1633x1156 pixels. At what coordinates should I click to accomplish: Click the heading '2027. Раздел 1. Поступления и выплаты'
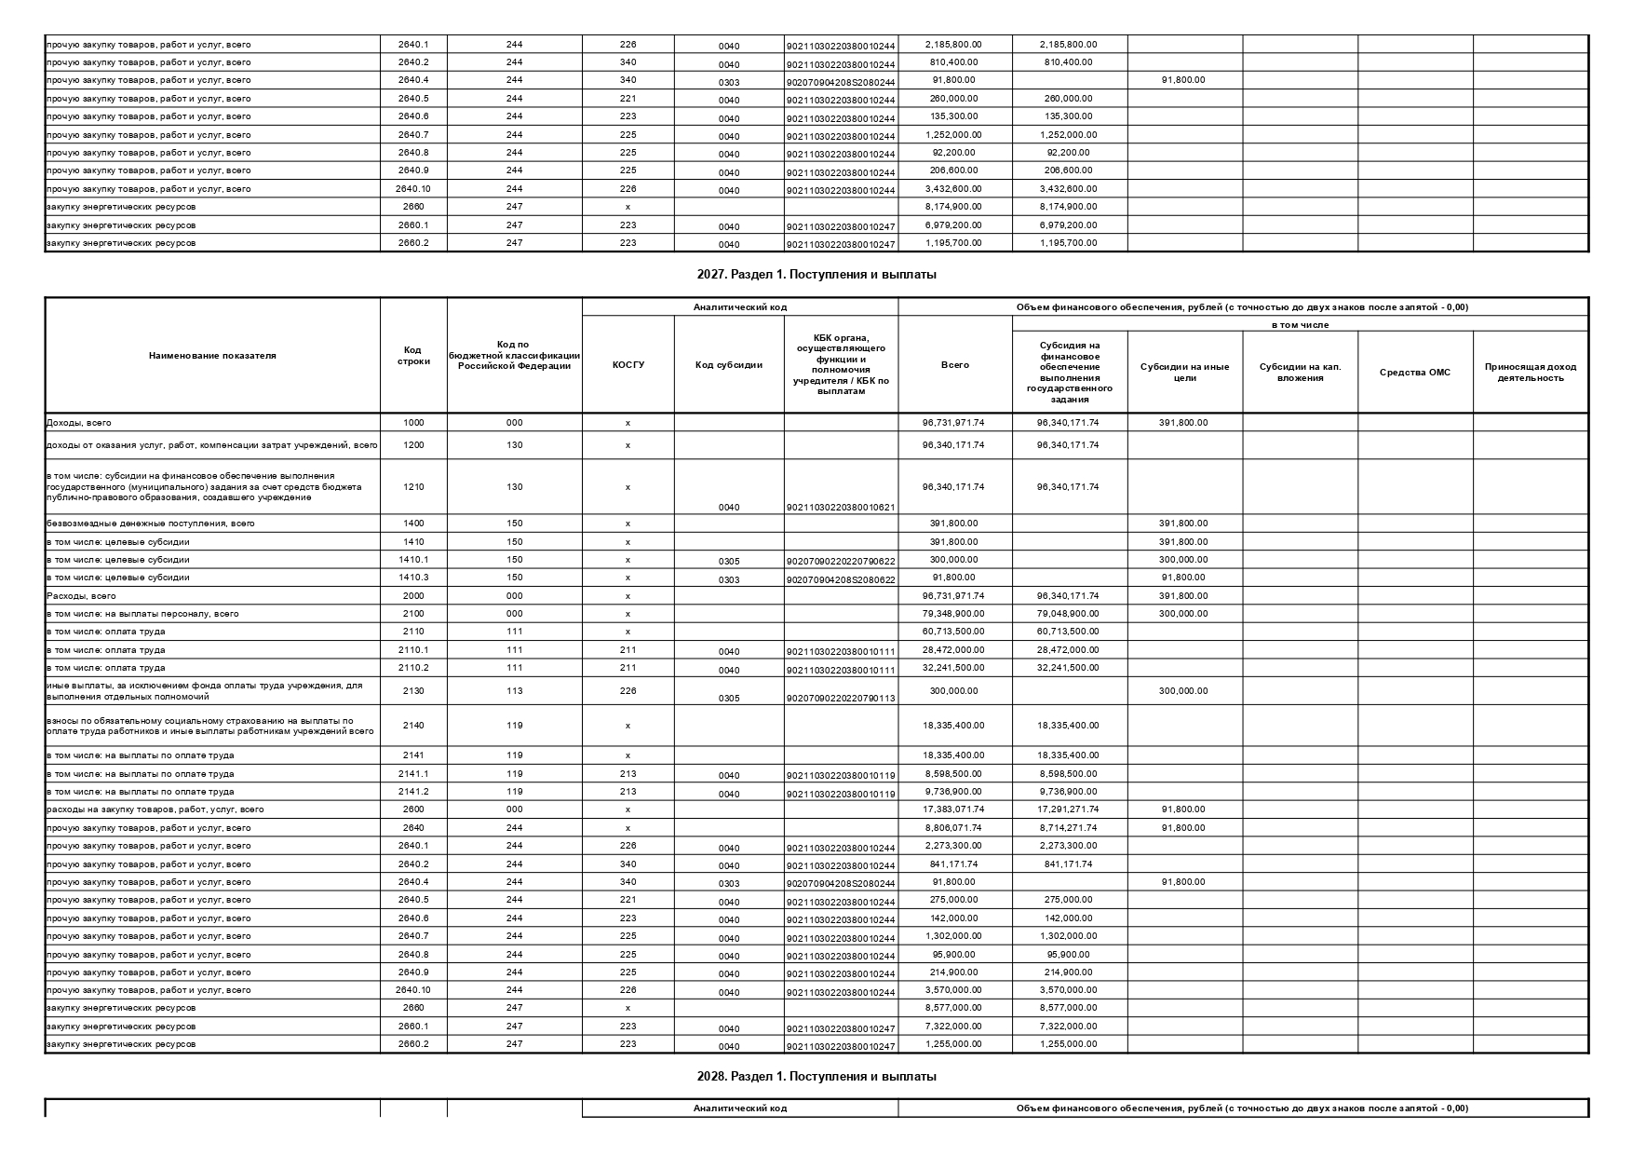pos(816,275)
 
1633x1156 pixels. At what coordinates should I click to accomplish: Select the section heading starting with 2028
pos(816,1076)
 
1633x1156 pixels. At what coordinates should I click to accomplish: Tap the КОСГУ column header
pos(628,364)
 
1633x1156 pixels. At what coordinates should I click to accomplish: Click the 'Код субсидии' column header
pos(729,364)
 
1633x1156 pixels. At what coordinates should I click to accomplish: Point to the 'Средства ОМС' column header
pos(1414,372)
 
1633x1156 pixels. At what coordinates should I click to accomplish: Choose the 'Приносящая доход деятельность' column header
pos(1530,372)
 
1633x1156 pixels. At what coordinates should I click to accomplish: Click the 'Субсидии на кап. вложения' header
pos(1300,372)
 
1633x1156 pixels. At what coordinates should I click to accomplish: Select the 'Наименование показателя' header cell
pos(212,355)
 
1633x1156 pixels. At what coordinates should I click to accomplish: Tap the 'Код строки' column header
pos(413,355)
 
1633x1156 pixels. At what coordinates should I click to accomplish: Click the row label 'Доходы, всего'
pos(79,423)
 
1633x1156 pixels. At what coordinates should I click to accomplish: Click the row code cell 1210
pos(413,486)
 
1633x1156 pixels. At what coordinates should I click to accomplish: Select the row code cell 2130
pos(413,690)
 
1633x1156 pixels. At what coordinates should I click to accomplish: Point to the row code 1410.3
pos(413,578)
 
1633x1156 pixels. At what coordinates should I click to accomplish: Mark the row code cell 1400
pos(413,524)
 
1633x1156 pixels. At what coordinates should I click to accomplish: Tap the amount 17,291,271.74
pos(1069,809)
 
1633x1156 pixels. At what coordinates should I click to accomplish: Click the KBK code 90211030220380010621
pos(841,508)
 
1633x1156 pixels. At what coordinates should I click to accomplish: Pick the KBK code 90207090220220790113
pos(841,699)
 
